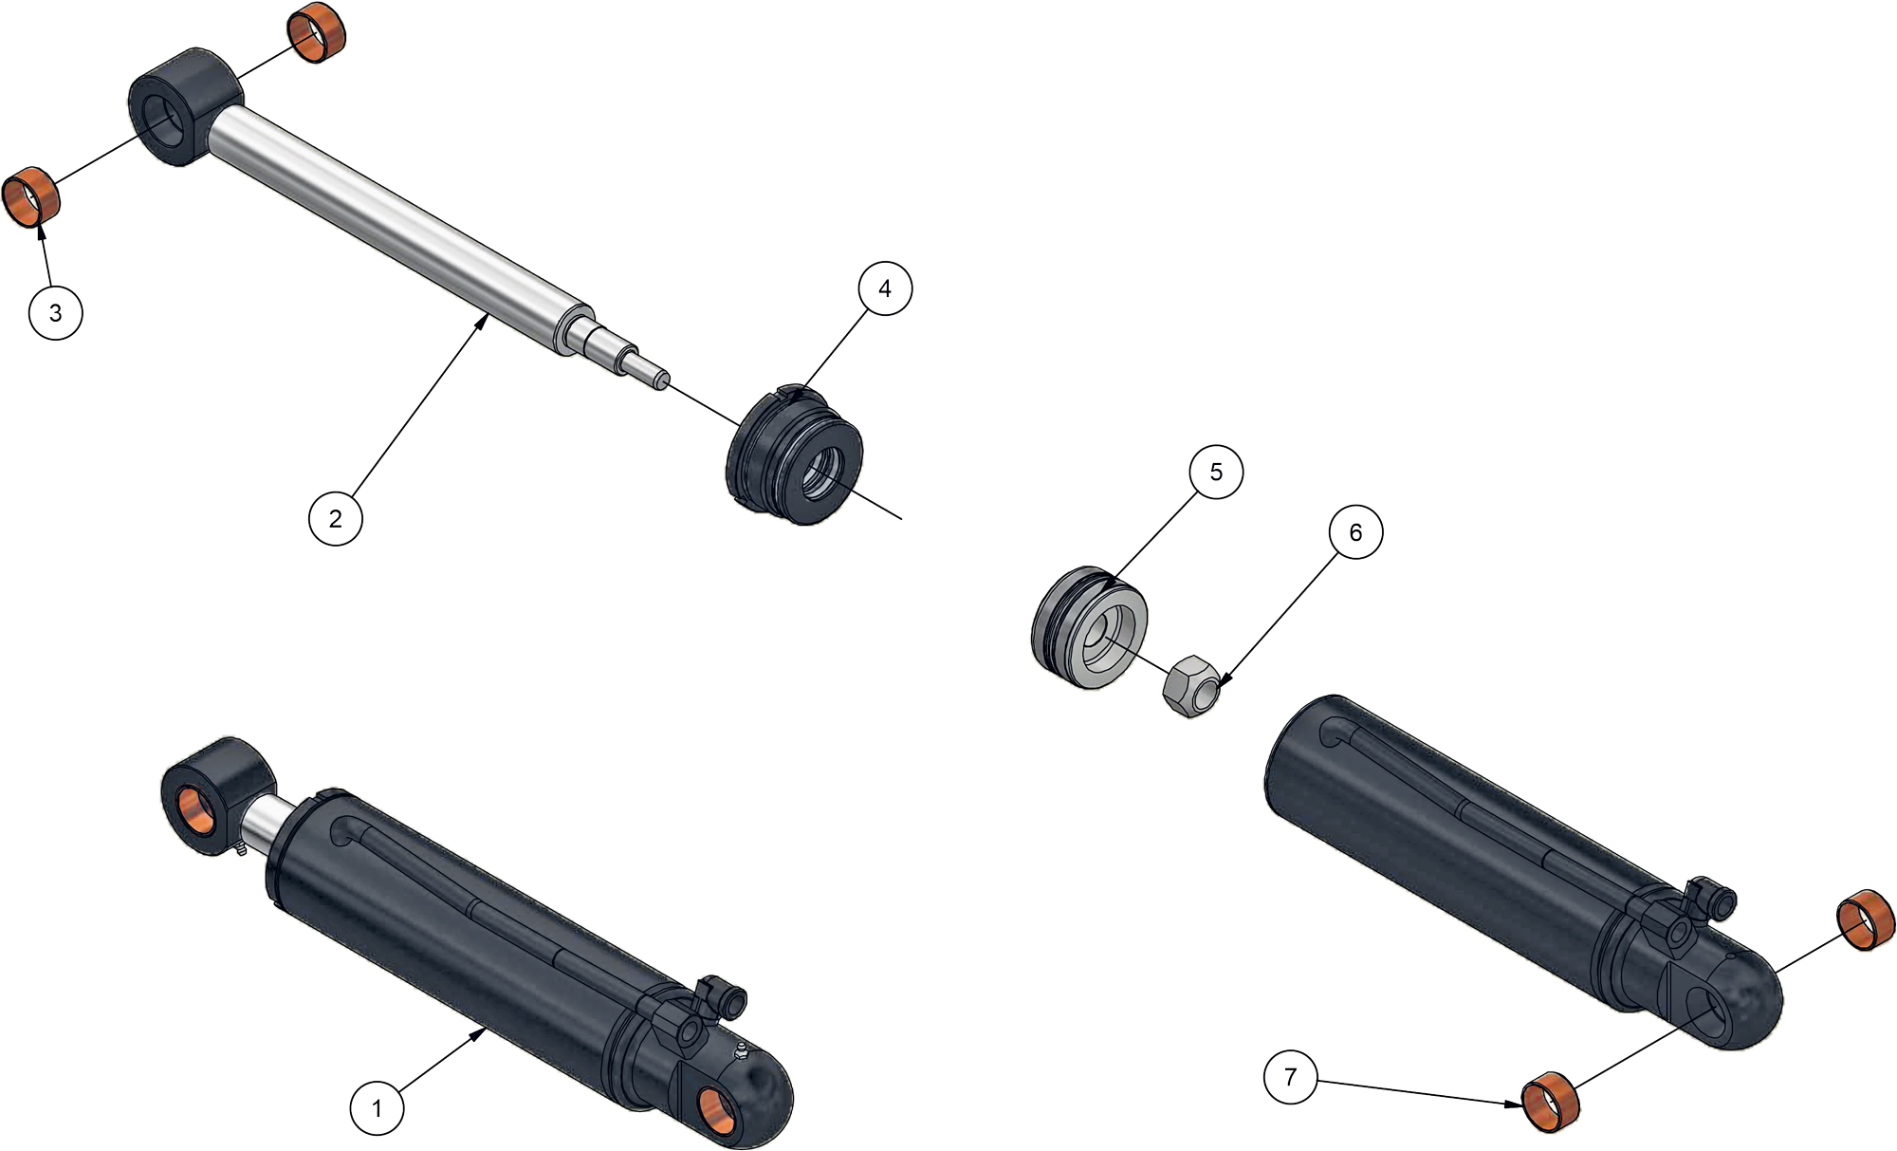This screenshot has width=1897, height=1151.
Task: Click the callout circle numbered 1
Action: pyautogui.click(x=377, y=1107)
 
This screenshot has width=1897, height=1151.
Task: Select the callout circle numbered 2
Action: pyautogui.click(x=336, y=518)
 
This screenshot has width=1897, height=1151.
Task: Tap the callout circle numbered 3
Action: pyautogui.click(x=56, y=312)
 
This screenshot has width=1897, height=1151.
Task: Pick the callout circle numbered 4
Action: pyautogui.click(x=885, y=288)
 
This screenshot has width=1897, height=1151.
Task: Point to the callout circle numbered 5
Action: pyautogui.click(x=1216, y=472)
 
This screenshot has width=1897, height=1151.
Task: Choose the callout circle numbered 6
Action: pyautogui.click(x=1355, y=532)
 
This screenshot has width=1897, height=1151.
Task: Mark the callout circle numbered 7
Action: pyautogui.click(x=1290, y=1077)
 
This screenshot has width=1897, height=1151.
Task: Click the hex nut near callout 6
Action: pyautogui.click(x=1191, y=686)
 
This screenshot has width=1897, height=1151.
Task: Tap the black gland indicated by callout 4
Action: pyautogui.click(x=795, y=456)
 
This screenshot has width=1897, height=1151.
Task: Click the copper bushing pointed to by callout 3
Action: pyautogui.click(x=30, y=196)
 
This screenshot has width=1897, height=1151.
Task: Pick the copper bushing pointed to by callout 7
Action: pyautogui.click(x=1551, y=1102)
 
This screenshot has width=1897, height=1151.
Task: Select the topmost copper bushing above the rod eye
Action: pyautogui.click(x=316, y=32)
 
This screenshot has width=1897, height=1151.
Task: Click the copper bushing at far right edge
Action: pyautogui.click(x=1866, y=920)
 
